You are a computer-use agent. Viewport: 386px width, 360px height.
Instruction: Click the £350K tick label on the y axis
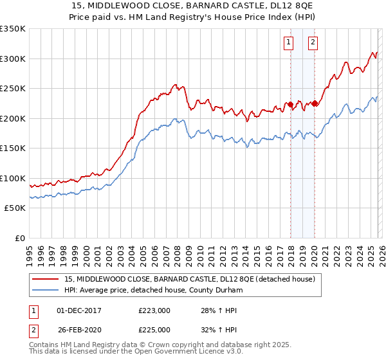[x=13, y=29]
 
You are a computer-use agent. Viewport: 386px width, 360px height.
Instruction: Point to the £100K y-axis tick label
[x=13, y=178]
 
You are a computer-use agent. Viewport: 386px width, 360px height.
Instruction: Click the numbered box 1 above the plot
[x=288, y=43]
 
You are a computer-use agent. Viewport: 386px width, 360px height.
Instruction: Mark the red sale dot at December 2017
[x=290, y=104]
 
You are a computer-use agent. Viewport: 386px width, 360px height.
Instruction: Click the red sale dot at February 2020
[x=315, y=104]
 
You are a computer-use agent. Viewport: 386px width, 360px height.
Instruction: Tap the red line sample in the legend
[x=46, y=279]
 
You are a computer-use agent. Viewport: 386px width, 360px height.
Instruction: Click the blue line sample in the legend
[x=46, y=291]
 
